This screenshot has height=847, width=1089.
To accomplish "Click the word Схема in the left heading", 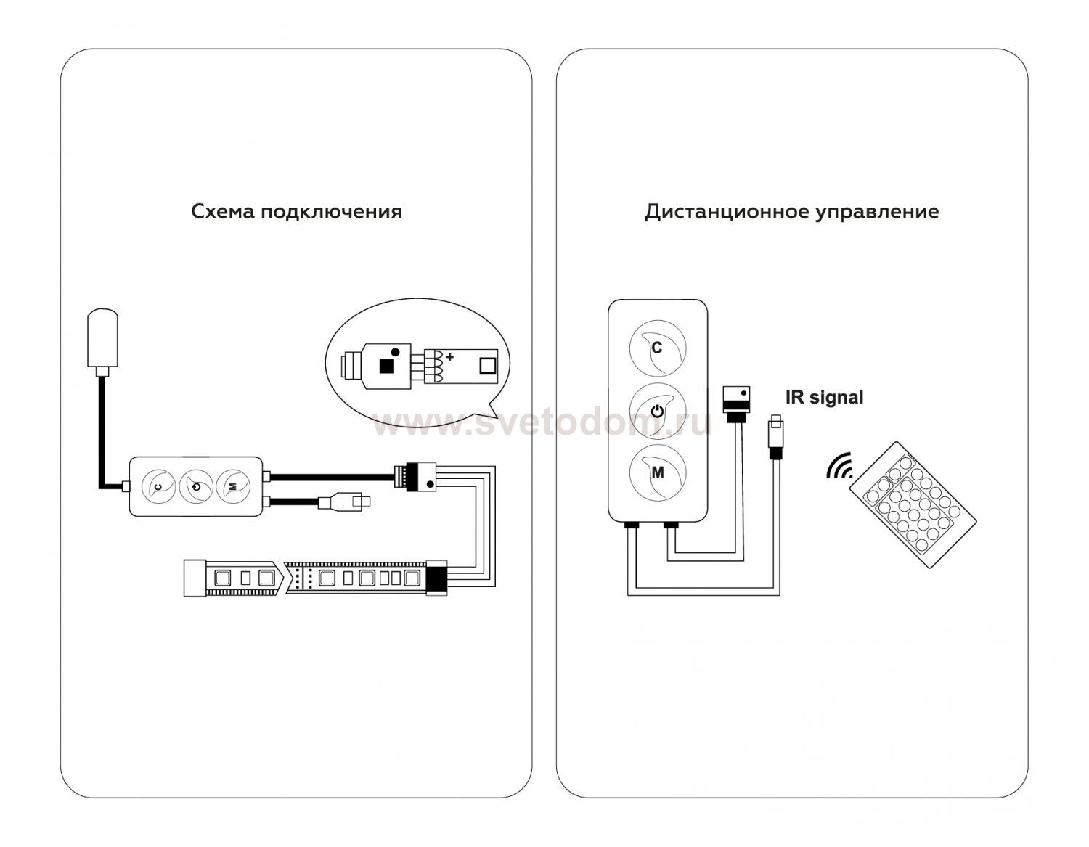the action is tap(222, 211).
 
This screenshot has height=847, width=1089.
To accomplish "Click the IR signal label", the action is tap(824, 397).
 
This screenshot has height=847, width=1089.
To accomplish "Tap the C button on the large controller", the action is tap(658, 348).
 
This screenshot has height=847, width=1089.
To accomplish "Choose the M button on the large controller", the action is tap(658, 472).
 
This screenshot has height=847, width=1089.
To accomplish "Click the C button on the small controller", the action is tap(159, 486).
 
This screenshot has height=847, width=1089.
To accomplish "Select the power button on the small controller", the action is tap(196, 486).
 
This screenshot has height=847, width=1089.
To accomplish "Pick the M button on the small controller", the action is tap(233, 486).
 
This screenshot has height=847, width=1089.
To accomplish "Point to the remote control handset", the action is tap(913, 505).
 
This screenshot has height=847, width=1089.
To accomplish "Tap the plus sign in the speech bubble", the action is tap(449, 357).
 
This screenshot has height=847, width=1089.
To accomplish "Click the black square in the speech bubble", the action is tap(386, 367).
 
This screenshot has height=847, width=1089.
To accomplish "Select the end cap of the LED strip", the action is tap(195, 578).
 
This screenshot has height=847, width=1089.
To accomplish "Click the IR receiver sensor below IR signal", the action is tap(775, 436).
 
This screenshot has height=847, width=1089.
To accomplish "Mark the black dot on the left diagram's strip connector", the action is tap(430, 484).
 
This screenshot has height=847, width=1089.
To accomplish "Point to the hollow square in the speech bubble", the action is tap(487, 366).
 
